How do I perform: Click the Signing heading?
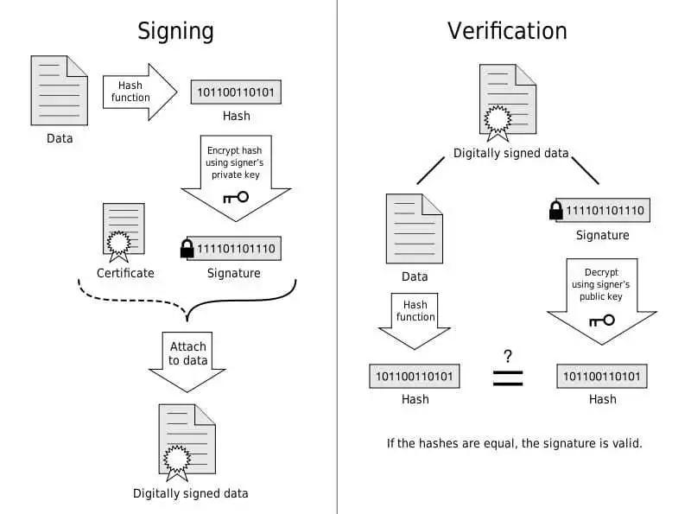click(x=175, y=31)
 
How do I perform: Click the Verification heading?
click(x=507, y=31)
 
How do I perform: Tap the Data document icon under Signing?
click(x=60, y=90)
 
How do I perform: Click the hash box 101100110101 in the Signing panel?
click(x=237, y=92)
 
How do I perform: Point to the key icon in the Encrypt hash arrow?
click(x=235, y=197)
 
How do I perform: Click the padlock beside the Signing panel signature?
click(x=187, y=249)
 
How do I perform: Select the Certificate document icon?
click(x=124, y=231)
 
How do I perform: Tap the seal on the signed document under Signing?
click(x=177, y=460)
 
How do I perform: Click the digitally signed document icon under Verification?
click(x=507, y=102)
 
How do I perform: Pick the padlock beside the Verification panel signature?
click(x=556, y=210)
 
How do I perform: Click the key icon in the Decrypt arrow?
click(x=601, y=320)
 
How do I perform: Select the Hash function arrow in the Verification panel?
click(x=415, y=320)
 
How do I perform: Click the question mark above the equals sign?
click(x=508, y=356)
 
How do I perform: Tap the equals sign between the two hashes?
click(x=508, y=378)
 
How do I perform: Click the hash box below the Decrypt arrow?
click(x=602, y=377)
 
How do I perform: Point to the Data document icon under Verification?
click(x=415, y=228)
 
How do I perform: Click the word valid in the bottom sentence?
click(x=624, y=443)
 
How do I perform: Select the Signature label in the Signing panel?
click(x=233, y=273)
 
